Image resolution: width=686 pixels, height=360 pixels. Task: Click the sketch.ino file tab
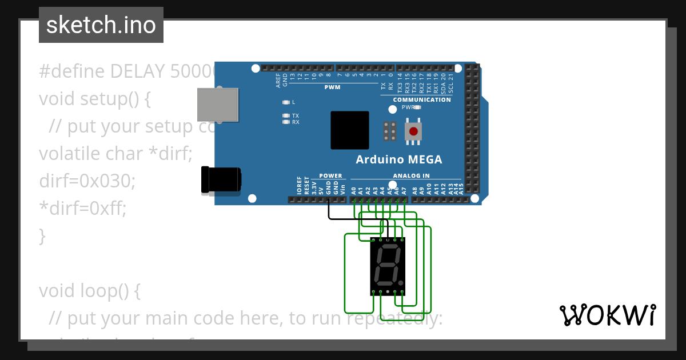101,25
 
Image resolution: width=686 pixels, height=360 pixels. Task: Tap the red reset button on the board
413,131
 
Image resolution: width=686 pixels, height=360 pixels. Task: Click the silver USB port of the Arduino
217,105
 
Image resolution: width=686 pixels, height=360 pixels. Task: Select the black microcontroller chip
349,130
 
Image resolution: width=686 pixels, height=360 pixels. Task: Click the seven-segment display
388,266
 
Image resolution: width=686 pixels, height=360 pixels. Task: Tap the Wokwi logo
608,315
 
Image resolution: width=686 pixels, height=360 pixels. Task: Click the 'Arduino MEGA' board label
398,159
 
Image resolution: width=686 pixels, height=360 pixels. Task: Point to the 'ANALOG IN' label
411,175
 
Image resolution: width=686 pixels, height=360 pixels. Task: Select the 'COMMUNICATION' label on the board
422,99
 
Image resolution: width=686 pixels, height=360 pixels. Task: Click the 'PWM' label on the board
332,87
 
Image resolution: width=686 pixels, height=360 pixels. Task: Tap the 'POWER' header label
330,175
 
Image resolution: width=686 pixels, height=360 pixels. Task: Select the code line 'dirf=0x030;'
87,181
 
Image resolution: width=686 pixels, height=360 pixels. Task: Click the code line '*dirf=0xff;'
82,209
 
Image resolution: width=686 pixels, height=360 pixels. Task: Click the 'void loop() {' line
89,291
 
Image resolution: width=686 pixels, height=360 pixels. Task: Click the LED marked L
286,102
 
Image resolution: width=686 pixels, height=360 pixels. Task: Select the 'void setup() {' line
94,99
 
